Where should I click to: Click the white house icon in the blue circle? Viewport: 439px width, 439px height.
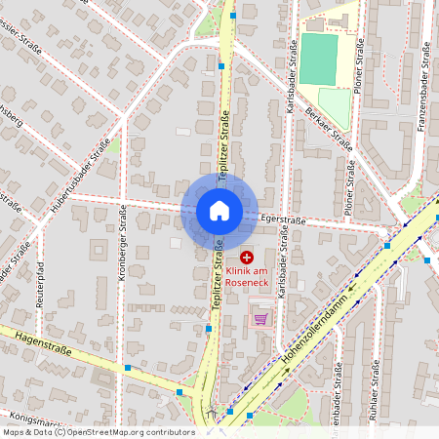219,211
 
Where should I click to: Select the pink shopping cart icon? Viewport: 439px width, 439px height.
259,318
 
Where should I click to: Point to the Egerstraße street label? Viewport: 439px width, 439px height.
284,223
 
